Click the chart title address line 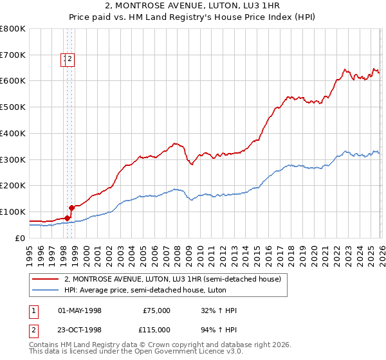tap(192, 5)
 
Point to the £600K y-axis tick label tap(13, 81)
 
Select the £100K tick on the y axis tap(13, 212)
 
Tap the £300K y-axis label tap(13, 159)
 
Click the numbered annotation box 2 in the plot tap(70, 60)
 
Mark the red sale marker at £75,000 tap(67, 219)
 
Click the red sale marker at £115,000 tap(72, 208)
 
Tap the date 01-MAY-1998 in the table tap(80, 310)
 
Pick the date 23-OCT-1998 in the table tap(80, 330)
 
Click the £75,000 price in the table tap(156, 310)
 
